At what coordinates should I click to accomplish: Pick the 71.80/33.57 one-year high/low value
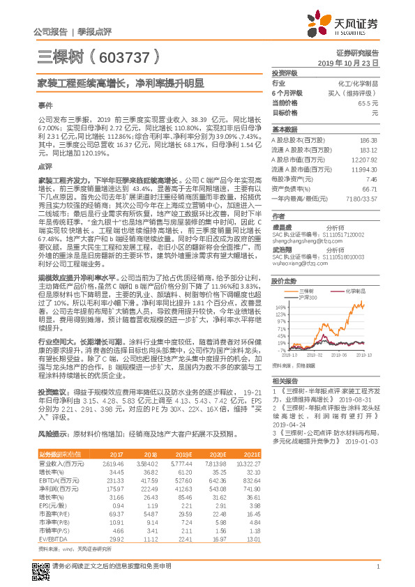pyautogui.click(x=361, y=199)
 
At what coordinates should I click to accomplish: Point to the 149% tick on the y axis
pyautogui.click(x=280, y=307)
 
